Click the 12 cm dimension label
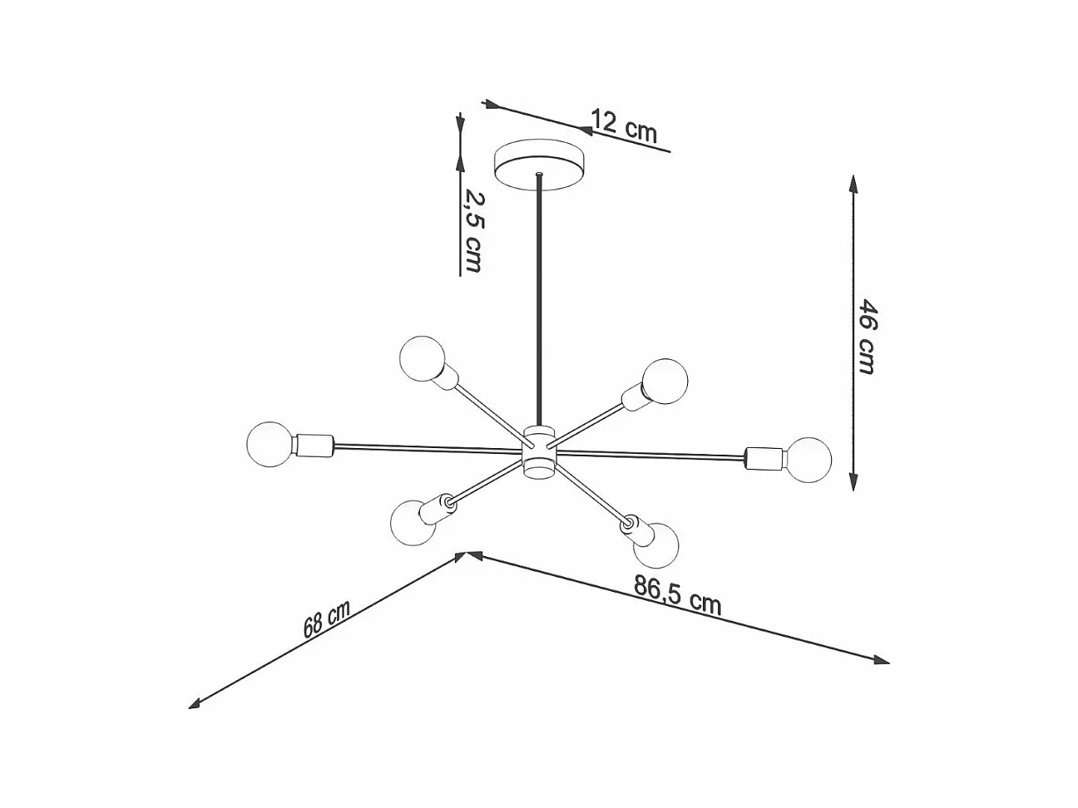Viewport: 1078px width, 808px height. tap(624, 126)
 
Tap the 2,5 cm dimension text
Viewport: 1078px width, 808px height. tap(473, 230)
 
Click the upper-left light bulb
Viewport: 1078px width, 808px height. tap(422, 358)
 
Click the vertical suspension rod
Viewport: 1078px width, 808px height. tap(541, 308)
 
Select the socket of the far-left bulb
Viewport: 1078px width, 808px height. tap(314, 446)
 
